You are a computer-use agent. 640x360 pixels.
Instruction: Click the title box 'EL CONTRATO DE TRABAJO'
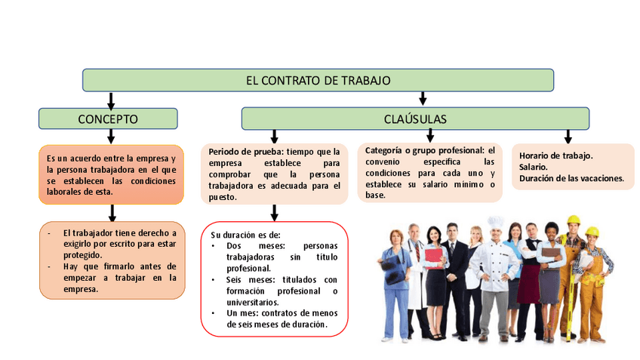(x=318, y=80)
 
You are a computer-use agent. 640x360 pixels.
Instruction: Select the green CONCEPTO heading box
(x=108, y=118)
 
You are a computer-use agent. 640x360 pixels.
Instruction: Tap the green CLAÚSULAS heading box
(x=414, y=118)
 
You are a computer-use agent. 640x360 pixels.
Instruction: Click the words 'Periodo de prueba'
(x=241, y=152)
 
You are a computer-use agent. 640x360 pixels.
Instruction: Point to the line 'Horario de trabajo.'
(x=555, y=155)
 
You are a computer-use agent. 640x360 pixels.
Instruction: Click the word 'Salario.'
(x=534, y=167)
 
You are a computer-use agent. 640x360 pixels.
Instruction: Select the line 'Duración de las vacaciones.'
(x=571, y=178)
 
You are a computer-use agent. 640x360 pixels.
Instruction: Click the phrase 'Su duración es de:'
(x=245, y=235)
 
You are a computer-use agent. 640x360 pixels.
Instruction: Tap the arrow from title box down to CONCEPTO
(x=111, y=100)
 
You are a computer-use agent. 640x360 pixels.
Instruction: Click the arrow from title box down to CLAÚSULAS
(x=423, y=98)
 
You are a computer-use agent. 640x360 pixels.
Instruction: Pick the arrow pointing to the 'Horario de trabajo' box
(x=568, y=136)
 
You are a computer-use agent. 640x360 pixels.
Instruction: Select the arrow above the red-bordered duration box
(x=274, y=212)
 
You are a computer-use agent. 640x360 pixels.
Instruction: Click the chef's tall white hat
(x=495, y=223)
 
